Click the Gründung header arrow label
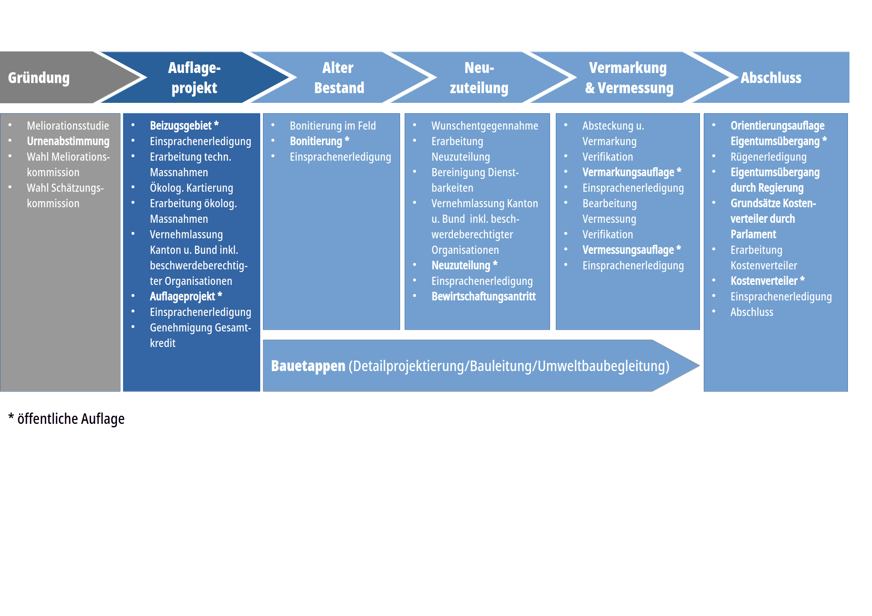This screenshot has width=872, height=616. [x=39, y=78]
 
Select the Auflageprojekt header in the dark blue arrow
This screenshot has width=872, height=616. [x=194, y=78]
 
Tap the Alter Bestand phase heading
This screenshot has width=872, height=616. [x=339, y=78]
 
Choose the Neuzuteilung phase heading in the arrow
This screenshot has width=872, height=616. [x=479, y=78]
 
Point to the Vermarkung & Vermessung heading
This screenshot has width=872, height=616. [x=629, y=78]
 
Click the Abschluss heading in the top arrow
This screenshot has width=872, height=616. [x=771, y=78]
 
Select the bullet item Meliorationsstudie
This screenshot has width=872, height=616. [x=68, y=126]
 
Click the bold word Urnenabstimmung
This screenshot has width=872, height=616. [x=68, y=141]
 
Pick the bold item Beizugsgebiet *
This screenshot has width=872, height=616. [x=184, y=126]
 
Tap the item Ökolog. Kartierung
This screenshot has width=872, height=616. [x=191, y=188]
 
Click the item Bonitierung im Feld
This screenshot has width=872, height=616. [x=332, y=126]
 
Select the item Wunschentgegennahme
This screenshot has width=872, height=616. [x=484, y=126]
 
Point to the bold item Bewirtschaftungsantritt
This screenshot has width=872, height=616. [x=483, y=297]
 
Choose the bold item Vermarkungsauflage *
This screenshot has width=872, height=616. [x=632, y=172]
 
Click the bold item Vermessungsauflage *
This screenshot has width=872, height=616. [x=632, y=250]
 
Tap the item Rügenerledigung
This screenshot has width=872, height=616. [x=768, y=157]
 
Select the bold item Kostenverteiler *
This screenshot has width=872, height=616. [x=767, y=281]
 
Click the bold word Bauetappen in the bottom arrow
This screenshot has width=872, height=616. [x=308, y=366]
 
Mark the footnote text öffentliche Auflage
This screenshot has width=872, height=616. [x=71, y=419]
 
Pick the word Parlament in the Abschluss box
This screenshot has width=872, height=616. [x=753, y=234]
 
